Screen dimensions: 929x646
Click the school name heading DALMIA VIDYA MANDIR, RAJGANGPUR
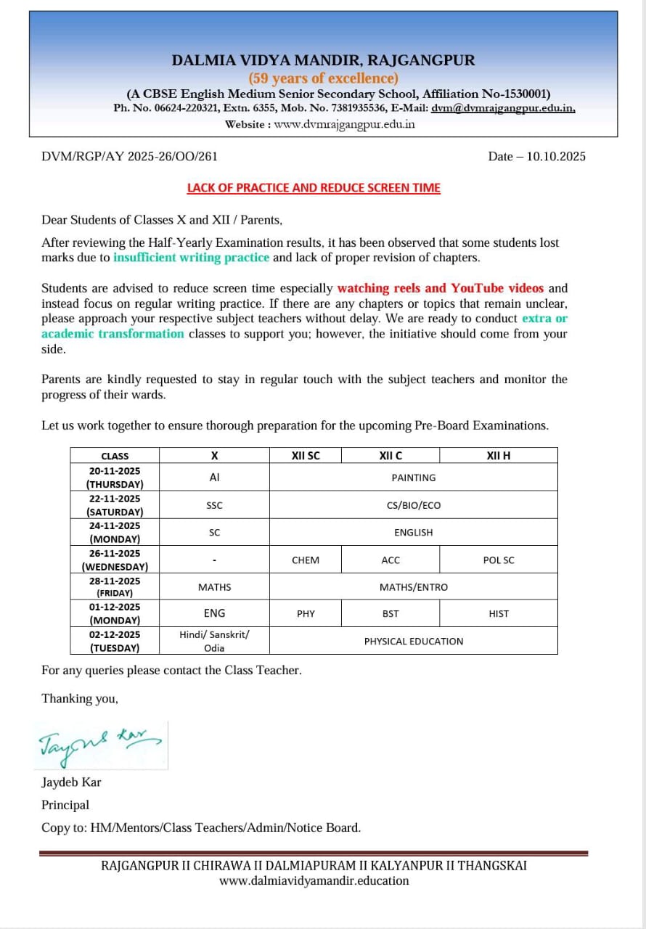click(323, 60)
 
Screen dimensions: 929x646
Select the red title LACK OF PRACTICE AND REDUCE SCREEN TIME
click(314, 188)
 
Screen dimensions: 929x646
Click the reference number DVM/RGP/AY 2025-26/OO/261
click(130, 156)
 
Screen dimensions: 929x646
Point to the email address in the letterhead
click(503, 108)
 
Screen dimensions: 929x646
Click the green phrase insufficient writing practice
click(191, 257)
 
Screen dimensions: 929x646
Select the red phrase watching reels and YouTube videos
click(440, 288)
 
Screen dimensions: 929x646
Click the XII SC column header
click(306, 456)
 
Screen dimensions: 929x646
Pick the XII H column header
click(499, 456)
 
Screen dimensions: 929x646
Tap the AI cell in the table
click(214, 478)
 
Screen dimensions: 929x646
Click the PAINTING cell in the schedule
click(414, 478)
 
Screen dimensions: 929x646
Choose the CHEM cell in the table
click(306, 560)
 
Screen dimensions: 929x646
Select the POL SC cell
click(499, 560)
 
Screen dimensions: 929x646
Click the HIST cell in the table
click(499, 614)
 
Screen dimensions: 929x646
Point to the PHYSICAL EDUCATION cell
click(414, 642)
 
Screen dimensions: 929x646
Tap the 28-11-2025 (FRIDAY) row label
click(115, 587)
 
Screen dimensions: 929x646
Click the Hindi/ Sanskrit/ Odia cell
click(214, 642)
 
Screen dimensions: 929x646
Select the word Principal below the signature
click(65, 805)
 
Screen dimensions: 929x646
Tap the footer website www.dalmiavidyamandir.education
click(314, 881)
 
